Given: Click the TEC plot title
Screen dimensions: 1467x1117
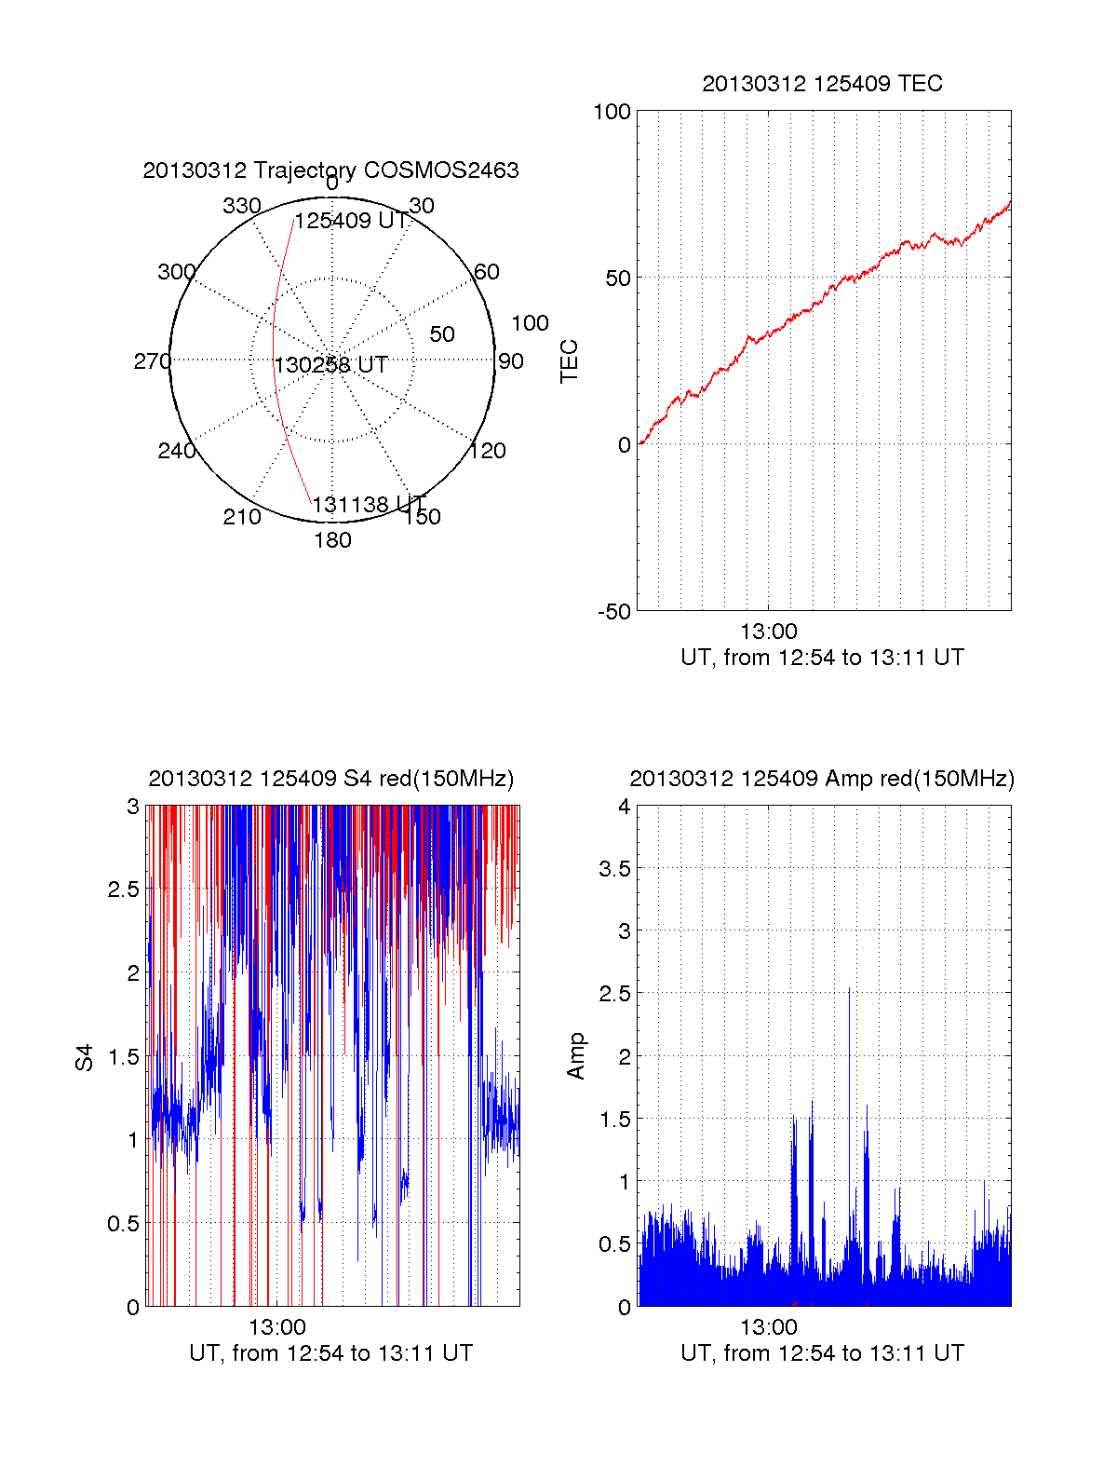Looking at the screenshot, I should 822,84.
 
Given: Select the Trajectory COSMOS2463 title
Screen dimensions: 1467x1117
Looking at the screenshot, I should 330,170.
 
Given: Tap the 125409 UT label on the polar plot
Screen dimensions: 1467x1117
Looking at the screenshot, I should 351,221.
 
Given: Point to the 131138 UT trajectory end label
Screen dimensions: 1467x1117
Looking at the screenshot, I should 369,505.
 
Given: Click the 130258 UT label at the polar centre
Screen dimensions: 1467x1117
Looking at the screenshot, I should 330,364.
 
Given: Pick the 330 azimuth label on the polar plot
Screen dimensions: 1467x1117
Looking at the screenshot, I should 242,206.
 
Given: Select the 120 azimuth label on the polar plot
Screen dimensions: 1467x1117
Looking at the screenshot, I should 488,451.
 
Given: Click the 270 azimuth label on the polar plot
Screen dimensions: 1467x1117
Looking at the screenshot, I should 152,361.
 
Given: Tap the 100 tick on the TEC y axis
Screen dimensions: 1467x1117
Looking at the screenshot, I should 612,112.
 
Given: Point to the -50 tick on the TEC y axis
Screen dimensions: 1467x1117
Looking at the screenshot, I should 613,612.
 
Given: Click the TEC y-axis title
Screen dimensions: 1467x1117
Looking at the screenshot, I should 569,361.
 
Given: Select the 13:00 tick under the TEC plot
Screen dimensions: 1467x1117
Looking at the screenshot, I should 768,632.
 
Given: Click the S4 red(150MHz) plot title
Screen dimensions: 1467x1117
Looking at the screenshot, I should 330,779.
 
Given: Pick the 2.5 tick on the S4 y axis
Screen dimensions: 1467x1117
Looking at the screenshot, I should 123,890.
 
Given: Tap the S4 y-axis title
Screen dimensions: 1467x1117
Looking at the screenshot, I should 85,1057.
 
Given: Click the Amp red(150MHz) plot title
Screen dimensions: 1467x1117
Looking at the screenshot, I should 822,779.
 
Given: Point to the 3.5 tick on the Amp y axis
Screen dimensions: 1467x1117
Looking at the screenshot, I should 614,869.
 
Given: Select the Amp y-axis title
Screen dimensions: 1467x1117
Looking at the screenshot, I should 576,1055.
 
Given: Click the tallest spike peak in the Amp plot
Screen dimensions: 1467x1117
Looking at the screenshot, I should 849,989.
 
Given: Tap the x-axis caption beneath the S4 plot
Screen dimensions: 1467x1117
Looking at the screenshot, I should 330,1352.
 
